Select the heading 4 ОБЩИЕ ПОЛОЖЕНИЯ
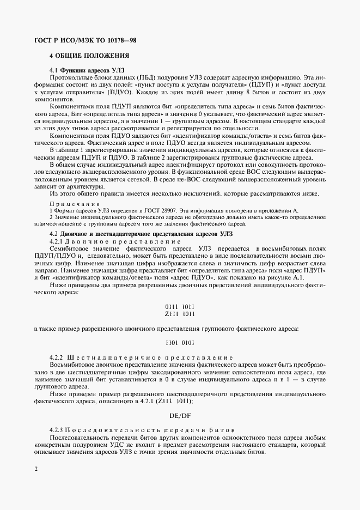click(x=89, y=56)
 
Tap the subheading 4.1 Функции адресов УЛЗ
click(x=87, y=70)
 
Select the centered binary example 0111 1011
click(x=180, y=306)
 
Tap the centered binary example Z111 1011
click(x=180, y=314)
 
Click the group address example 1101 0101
click(x=180, y=342)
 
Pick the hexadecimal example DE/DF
click(x=180, y=414)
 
